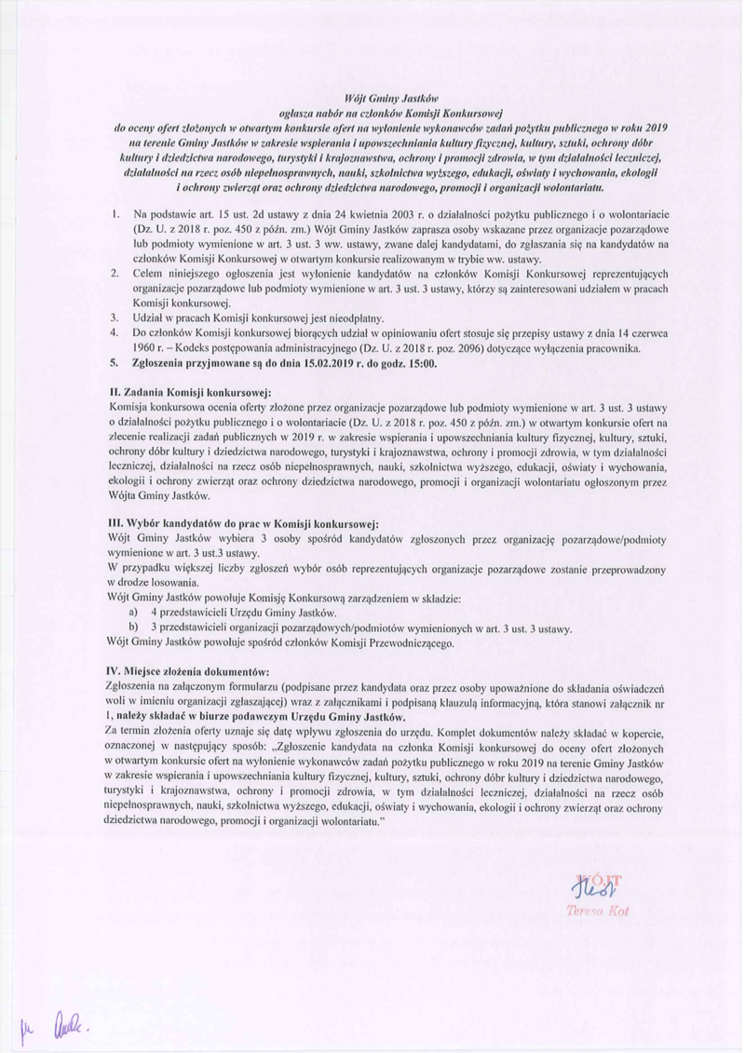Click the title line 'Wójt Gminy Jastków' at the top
tap(372, 96)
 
